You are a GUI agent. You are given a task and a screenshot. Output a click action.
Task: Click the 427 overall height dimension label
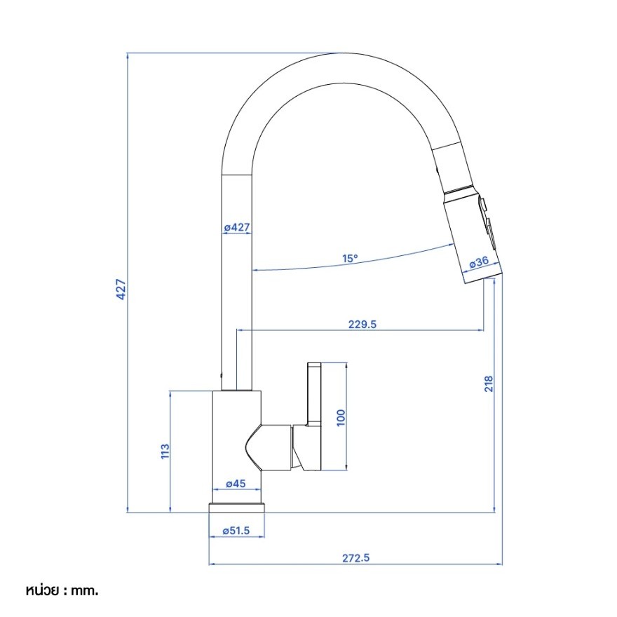121,289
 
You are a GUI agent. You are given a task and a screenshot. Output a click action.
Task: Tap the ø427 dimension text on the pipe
237,227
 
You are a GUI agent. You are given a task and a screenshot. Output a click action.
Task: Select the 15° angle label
350,259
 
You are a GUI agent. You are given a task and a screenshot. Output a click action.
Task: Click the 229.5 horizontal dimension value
362,324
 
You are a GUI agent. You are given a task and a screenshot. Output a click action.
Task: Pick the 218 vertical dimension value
489,384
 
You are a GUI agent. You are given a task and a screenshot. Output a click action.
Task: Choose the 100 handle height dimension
341,417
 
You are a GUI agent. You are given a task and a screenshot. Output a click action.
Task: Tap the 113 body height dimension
165,451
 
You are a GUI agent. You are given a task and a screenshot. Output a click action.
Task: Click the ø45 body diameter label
236,483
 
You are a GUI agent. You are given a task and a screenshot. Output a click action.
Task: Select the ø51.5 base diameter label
236,531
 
